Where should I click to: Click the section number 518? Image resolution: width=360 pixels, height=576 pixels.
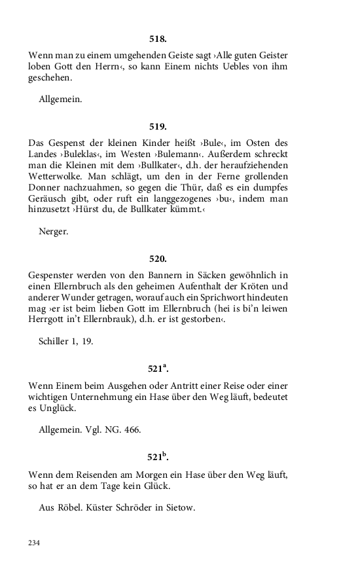tap(158, 39)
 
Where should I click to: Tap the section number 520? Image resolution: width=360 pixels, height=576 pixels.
tap(158, 259)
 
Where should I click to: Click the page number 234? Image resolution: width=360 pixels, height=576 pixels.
tap(34, 542)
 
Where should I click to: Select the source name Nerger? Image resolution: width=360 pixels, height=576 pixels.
tap(53, 231)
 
